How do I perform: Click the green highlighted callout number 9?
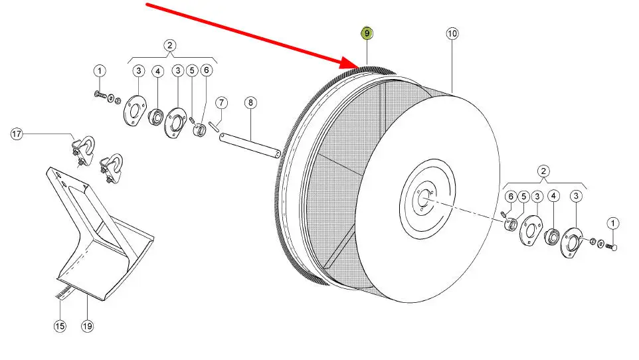coord(367,33)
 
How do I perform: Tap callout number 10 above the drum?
coord(452,33)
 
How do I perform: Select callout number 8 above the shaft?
coord(250,102)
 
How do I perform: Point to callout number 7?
coord(221,103)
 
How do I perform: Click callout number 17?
coord(17,134)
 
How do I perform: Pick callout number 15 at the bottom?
coord(60,325)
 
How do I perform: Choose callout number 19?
coord(87,325)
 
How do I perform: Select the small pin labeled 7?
coord(215,127)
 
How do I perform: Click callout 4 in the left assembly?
coord(157,71)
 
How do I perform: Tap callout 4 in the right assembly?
coord(553,196)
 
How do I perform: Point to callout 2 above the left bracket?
coord(170,45)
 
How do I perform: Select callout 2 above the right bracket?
coord(543,171)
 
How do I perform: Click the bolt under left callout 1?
coord(100,95)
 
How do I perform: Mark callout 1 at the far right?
coord(613,223)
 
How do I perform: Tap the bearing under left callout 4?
coord(155,117)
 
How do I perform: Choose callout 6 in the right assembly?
coord(511,197)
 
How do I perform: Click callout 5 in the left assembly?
coord(192,70)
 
